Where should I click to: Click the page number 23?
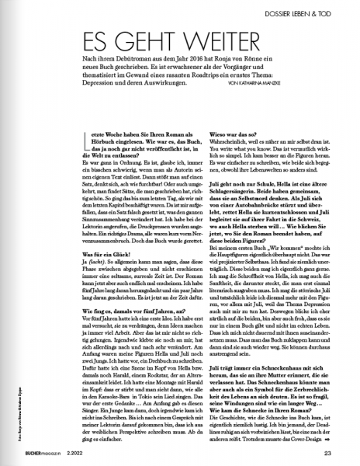click(329, 453)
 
